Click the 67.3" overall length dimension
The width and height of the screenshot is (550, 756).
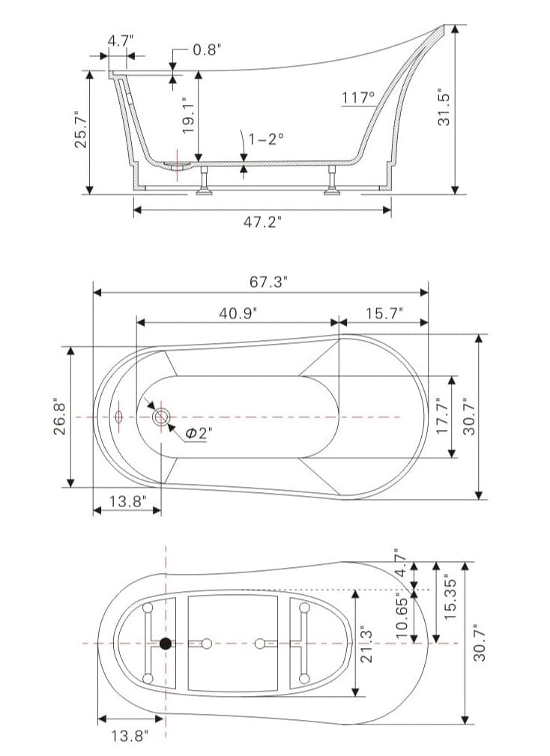pyautogui.click(x=268, y=282)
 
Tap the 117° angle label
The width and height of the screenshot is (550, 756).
pyautogui.click(x=357, y=97)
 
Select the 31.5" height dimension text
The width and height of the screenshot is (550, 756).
pyautogui.click(x=444, y=106)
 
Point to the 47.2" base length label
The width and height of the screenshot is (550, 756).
pyautogui.click(x=262, y=223)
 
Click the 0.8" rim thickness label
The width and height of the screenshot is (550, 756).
pyautogui.click(x=207, y=50)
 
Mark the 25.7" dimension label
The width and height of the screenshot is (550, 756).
pyautogui.click(x=80, y=129)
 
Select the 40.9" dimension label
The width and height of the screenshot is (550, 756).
pyautogui.click(x=238, y=312)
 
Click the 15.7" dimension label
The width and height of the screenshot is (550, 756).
pyautogui.click(x=384, y=312)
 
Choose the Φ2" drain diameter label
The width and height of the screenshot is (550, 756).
pyautogui.click(x=196, y=433)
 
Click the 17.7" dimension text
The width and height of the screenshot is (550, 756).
pyautogui.click(x=442, y=417)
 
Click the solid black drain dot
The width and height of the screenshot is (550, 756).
pyautogui.click(x=166, y=643)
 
